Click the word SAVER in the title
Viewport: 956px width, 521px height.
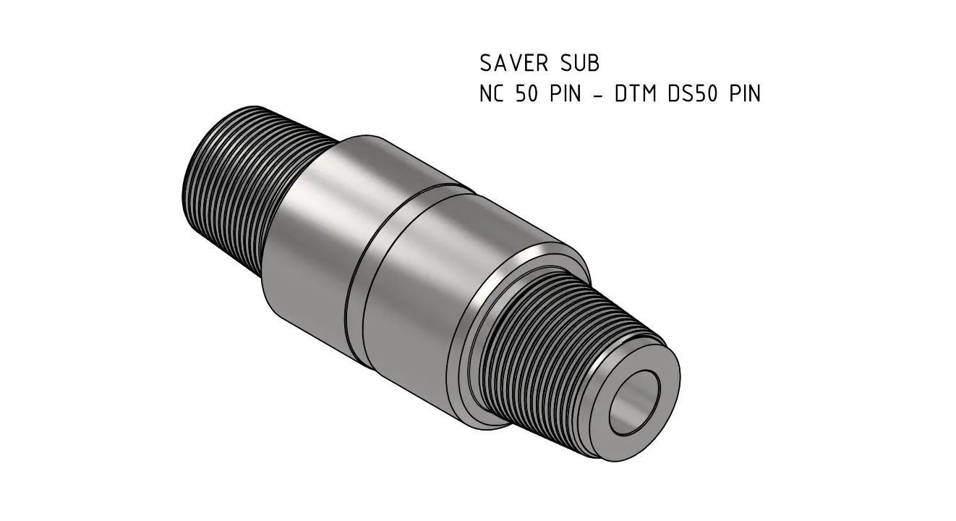[x=515, y=64]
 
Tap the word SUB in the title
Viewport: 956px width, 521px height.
[x=579, y=64]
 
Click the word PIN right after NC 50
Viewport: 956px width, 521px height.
[x=566, y=94]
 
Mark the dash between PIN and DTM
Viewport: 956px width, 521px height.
[x=598, y=95]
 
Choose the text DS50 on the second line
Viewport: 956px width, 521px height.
[x=689, y=94]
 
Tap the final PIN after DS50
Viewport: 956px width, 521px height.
[x=744, y=94]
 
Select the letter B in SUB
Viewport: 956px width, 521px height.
[x=592, y=64]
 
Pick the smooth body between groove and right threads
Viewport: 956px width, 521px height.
[x=419, y=289]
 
